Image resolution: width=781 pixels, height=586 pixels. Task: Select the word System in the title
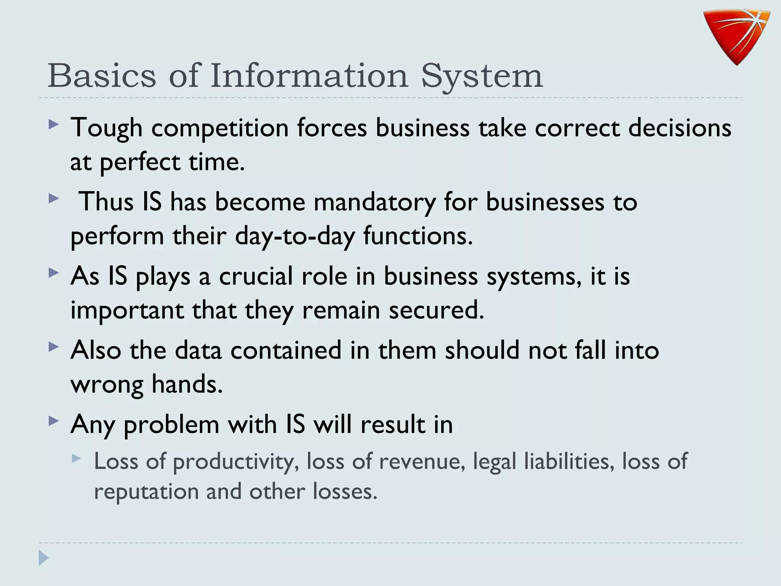click(x=482, y=76)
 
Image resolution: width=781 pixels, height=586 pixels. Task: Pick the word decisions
click(x=680, y=127)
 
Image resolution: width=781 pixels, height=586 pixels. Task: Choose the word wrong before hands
click(x=107, y=385)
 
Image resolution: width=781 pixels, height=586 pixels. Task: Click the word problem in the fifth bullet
click(x=171, y=425)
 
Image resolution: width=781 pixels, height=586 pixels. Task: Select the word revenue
click(x=422, y=461)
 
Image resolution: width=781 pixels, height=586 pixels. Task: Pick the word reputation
click(x=146, y=491)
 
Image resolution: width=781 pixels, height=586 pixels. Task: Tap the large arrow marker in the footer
click(x=43, y=558)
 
